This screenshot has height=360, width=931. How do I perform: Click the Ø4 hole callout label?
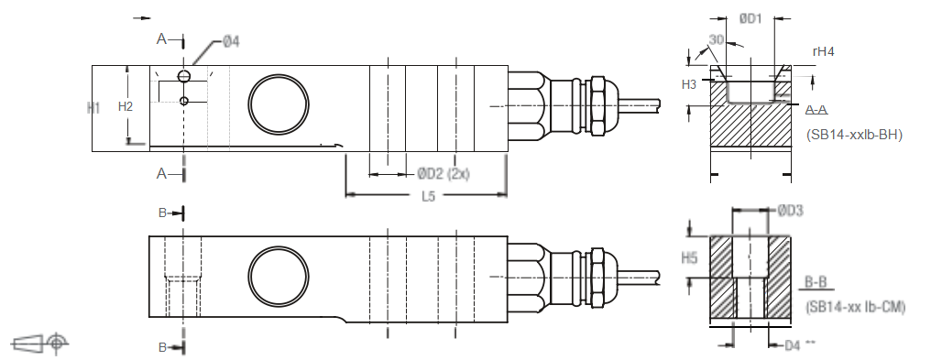231,41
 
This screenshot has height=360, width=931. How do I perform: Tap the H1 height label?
93,107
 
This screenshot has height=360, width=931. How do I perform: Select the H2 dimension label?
126,107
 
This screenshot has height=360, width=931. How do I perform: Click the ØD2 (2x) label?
443,174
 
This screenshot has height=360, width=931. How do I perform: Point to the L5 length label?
428,197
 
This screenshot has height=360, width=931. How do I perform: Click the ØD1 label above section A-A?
750,19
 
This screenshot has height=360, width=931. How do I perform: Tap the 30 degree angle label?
716,40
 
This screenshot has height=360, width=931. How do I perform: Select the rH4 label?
824,51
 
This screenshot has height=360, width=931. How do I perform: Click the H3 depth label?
689,85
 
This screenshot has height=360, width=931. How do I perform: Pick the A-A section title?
817,110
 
